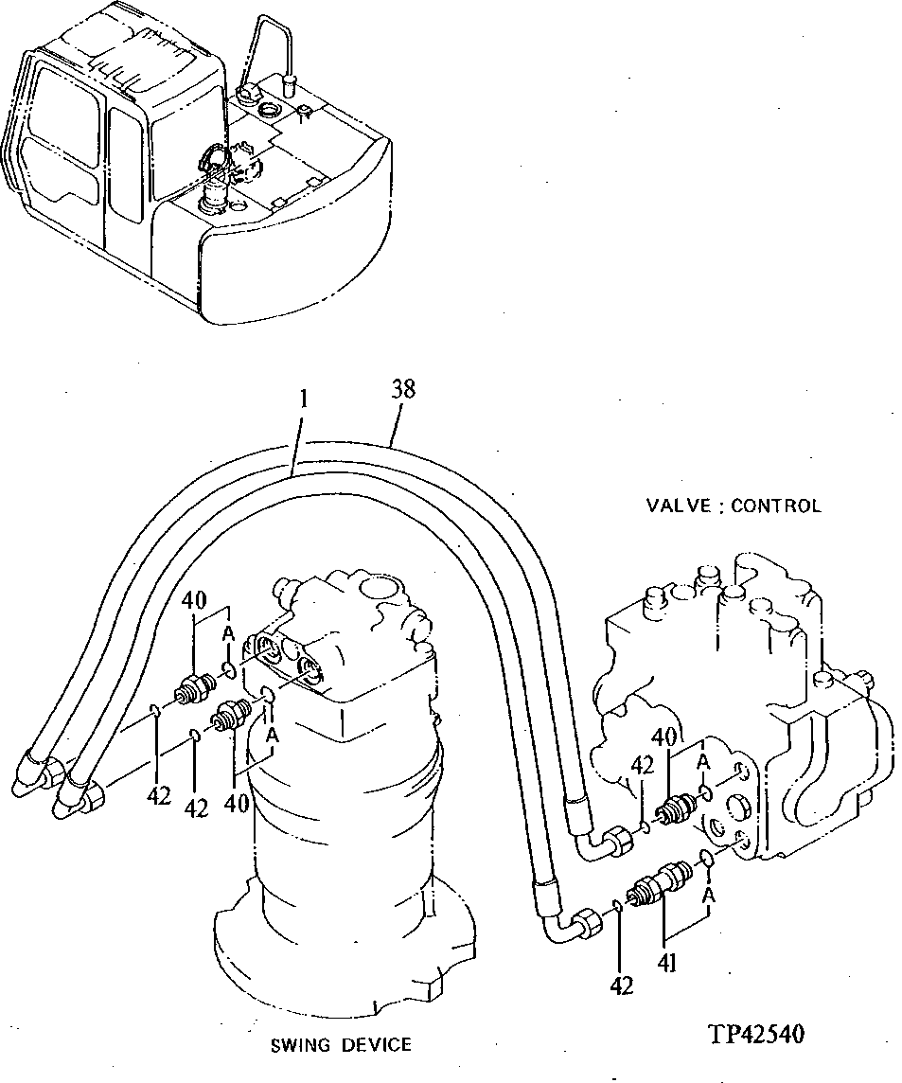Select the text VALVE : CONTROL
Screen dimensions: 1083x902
733,506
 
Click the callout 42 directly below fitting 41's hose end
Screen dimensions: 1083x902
621,985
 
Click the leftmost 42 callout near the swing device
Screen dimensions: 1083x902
158,796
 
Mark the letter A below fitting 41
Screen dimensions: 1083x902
710,894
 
